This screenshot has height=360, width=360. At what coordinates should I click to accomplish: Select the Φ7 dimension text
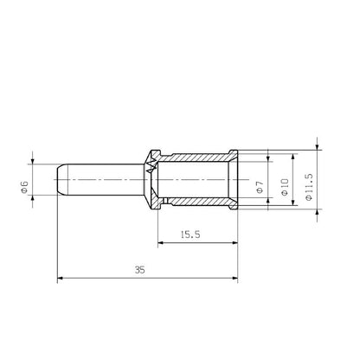(260, 184)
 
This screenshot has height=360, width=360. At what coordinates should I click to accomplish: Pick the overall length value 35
(140, 270)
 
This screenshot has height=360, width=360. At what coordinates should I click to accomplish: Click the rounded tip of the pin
(61, 182)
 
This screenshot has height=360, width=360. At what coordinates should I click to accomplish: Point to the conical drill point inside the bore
(155, 182)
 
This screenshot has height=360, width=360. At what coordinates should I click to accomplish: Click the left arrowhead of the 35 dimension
(61, 279)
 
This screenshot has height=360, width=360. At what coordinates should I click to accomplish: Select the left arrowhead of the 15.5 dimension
(162, 243)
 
